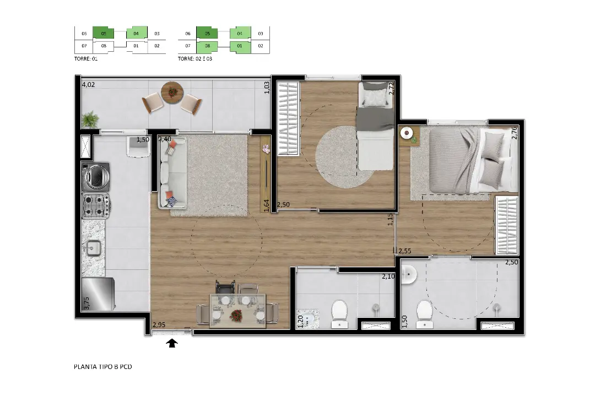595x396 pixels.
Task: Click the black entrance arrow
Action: [x=172, y=343]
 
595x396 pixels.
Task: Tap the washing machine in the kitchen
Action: [x=96, y=177]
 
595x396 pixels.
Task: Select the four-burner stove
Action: [x=96, y=205]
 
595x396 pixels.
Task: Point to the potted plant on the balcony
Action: [x=90, y=119]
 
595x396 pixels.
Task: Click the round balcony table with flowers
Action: [x=172, y=93]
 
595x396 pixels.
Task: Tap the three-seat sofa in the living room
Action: [x=172, y=173]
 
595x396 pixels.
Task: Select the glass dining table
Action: [x=238, y=309]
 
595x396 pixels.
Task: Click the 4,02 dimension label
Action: [x=88, y=85]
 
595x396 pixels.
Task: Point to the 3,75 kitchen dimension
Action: [x=86, y=303]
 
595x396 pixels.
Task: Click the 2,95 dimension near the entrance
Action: [x=159, y=325]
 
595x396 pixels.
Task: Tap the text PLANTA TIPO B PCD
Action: [x=103, y=367]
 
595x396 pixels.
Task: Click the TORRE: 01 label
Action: [x=86, y=59]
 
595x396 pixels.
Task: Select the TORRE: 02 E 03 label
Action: [x=195, y=59]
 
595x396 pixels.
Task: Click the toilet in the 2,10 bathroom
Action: [x=339, y=314]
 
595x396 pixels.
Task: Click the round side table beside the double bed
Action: [x=407, y=133]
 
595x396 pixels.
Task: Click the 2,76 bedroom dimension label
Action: [x=514, y=133]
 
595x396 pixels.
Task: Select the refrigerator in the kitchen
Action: [x=98, y=294]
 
